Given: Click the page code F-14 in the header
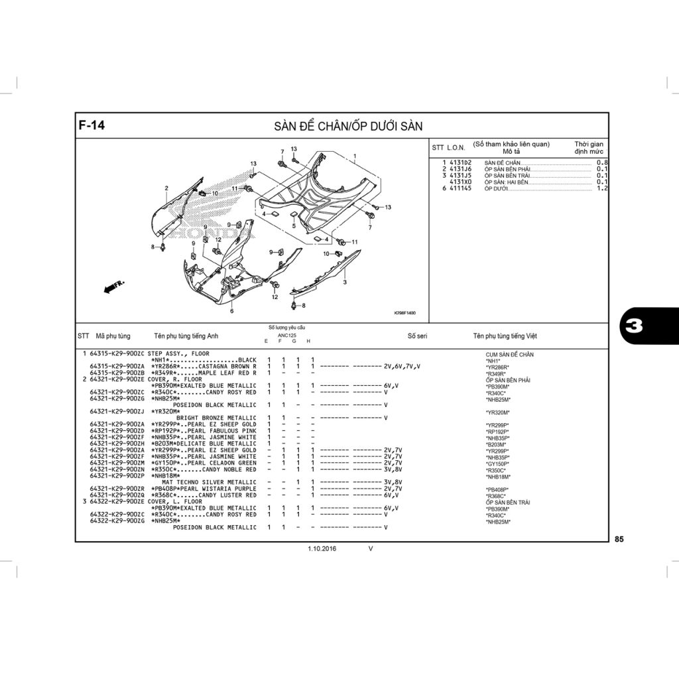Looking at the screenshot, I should [92, 125].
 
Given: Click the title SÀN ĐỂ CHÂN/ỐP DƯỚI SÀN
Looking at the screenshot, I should [348, 126].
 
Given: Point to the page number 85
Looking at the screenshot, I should [619, 539].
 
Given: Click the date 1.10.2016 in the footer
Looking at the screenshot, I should [322, 549].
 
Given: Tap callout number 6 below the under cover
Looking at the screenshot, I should [232, 310].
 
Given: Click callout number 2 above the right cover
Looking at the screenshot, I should [166, 188].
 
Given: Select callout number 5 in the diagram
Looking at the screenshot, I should [294, 225].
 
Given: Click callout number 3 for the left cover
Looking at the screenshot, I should [345, 282].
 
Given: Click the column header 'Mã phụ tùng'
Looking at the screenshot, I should [113, 336].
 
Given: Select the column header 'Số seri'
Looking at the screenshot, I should [417, 336].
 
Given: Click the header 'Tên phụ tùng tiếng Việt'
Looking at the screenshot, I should [505, 336].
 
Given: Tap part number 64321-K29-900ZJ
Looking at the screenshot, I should [117, 411].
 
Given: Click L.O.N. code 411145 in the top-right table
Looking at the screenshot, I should [460, 188].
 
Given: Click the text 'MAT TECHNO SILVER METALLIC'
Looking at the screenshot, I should [209, 482].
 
